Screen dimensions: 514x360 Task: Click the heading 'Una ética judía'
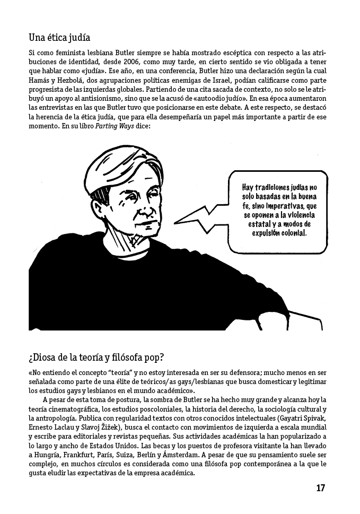(59, 38)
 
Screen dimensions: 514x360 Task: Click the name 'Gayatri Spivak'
(303, 419)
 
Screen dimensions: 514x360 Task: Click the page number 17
(320, 488)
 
